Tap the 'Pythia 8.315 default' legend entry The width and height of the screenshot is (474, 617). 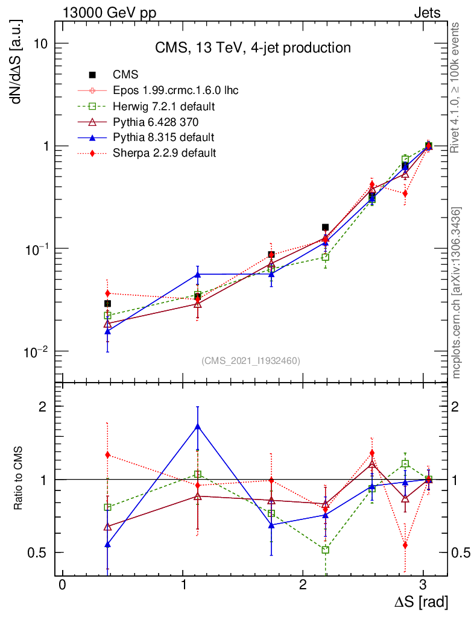click(x=163, y=137)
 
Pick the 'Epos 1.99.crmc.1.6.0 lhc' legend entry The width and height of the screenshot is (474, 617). click(x=175, y=91)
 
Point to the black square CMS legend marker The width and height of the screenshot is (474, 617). click(x=92, y=75)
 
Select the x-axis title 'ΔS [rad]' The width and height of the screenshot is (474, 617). click(x=421, y=601)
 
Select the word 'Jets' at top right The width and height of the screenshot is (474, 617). click(x=427, y=13)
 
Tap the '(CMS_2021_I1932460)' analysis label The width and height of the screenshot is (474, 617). click(x=250, y=360)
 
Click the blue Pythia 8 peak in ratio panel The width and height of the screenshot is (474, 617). click(x=198, y=427)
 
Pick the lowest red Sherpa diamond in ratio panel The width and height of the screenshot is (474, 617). click(x=405, y=545)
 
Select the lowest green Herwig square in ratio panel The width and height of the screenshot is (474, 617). click(x=326, y=550)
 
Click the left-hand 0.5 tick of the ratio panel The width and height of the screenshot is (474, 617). click(x=42, y=553)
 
